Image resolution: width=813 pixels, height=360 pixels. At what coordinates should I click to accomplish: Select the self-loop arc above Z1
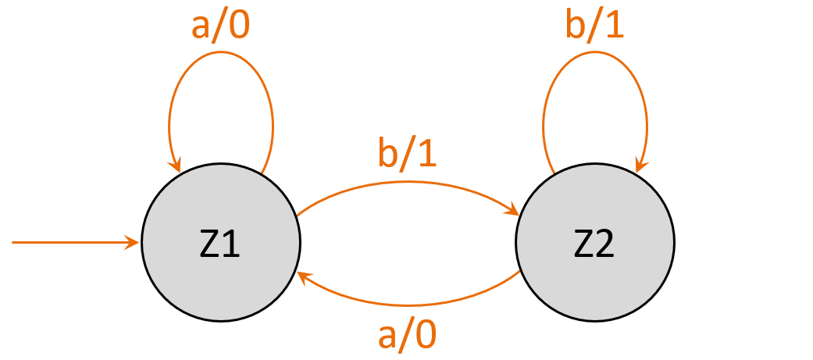[x=221, y=52]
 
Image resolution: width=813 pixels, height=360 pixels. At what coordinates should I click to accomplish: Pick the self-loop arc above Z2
[x=595, y=52]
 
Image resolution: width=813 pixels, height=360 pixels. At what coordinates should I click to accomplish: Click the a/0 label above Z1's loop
[x=222, y=25]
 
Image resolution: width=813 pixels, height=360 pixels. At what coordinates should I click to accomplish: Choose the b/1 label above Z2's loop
[x=595, y=25]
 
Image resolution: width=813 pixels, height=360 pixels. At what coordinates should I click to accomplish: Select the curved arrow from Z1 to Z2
[x=407, y=183]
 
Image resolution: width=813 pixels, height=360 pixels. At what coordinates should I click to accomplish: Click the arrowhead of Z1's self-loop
[x=177, y=166]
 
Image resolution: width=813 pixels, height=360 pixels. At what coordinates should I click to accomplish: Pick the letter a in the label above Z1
[x=201, y=27]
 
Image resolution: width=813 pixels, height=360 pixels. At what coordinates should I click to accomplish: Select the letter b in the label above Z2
[x=576, y=25]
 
